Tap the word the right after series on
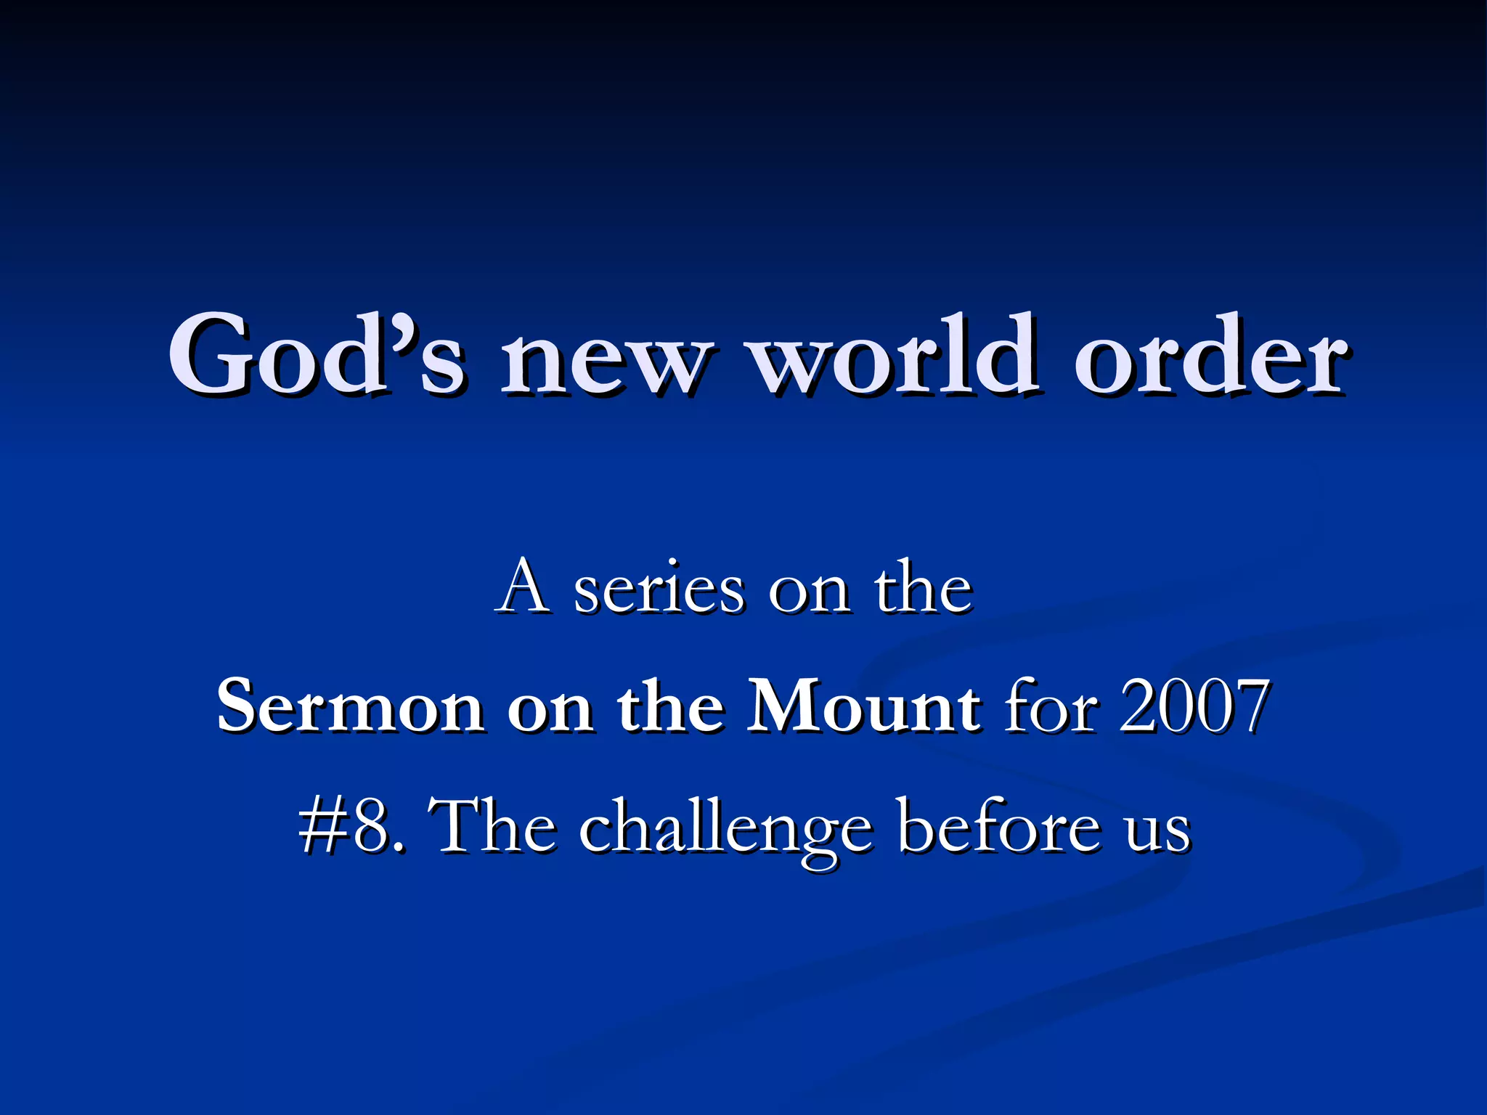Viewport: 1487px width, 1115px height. pos(922,588)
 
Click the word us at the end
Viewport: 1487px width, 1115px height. pos(1159,831)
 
